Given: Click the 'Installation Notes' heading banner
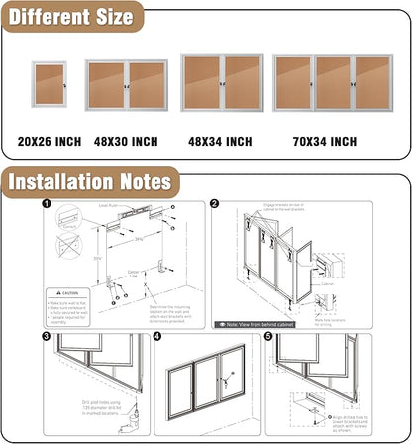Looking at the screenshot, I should pyautogui.click(x=89, y=182).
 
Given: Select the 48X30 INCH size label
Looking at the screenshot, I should pyautogui.click(x=126, y=141).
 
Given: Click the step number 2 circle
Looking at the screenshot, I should pyautogui.click(x=214, y=205).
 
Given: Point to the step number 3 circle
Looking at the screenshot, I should pyautogui.click(x=47, y=337).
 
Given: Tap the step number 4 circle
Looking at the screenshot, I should pyautogui.click(x=156, y=337).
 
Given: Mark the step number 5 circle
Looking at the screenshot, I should pyautogui.click(x=268, y=337).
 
